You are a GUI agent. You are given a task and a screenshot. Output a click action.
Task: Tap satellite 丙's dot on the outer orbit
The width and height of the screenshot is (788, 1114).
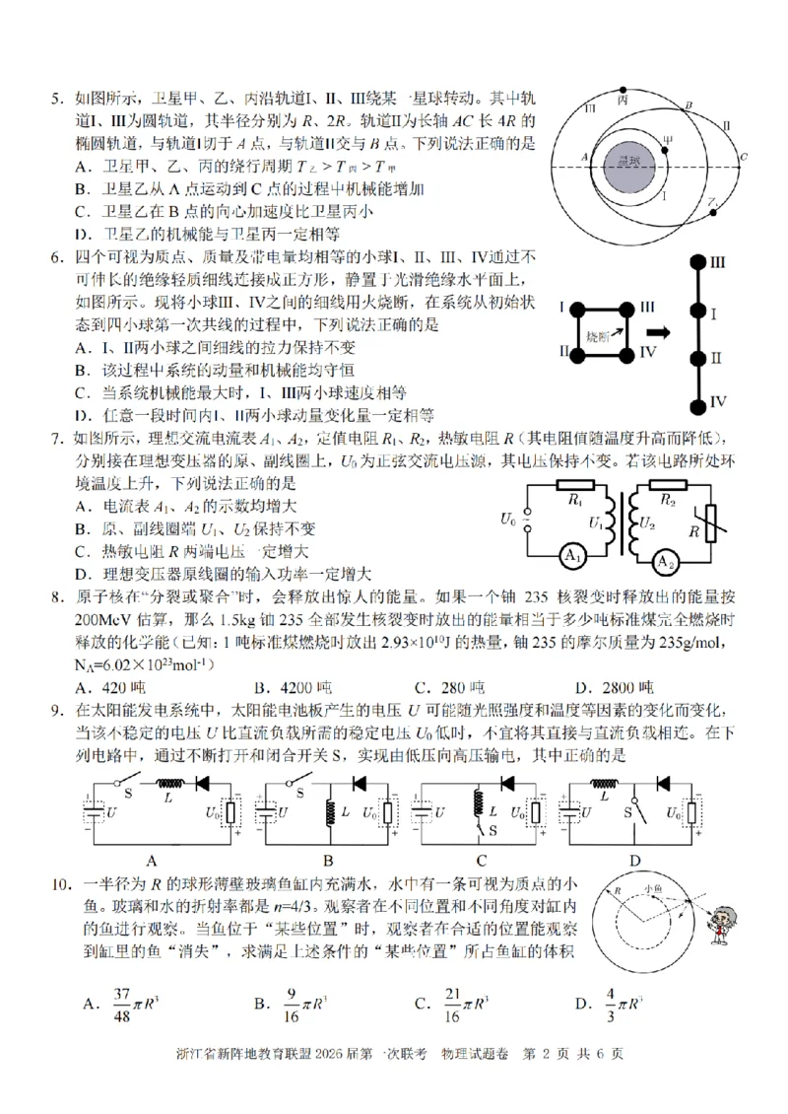[x=624, y=90]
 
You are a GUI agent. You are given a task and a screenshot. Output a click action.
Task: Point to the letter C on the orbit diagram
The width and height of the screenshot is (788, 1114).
[x=744, y=157]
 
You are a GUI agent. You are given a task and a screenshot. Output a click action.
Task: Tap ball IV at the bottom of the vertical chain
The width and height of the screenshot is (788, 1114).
[x=696, y=402]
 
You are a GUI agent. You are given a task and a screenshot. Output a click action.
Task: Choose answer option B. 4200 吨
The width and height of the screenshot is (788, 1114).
[x=293, y=686]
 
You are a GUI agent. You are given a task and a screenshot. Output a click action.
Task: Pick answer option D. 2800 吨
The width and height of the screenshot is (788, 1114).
[x=615, y=686]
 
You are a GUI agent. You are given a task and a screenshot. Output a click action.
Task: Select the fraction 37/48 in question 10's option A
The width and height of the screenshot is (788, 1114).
[x=122, y=1004]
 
